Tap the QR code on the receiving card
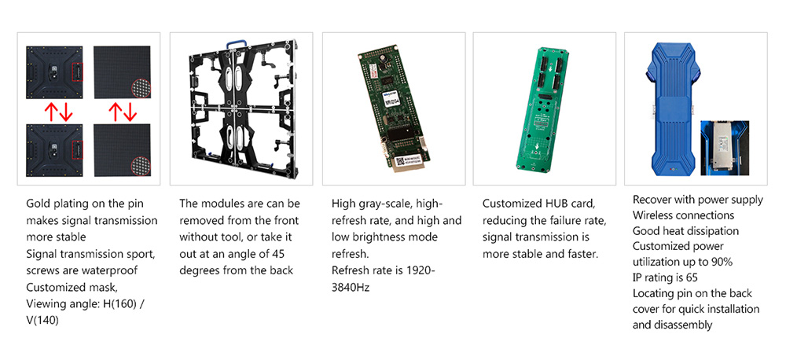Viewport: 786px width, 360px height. tap(400, 161)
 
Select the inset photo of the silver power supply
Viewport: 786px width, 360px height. tap(725, 148)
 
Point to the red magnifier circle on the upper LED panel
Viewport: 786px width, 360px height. tap(141, 88)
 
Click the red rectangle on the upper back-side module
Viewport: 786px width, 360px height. tap(78, 72)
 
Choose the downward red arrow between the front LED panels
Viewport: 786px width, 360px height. tap(130, 112)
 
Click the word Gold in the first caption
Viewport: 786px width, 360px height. tap(37, 204)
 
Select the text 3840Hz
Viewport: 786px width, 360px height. tap(351, 288)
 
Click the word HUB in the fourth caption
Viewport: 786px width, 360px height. tap(556, 204)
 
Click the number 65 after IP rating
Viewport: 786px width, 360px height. tap(691, 277)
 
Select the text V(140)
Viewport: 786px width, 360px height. tap(42, 321)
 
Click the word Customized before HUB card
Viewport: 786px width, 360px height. tap(512, 204)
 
